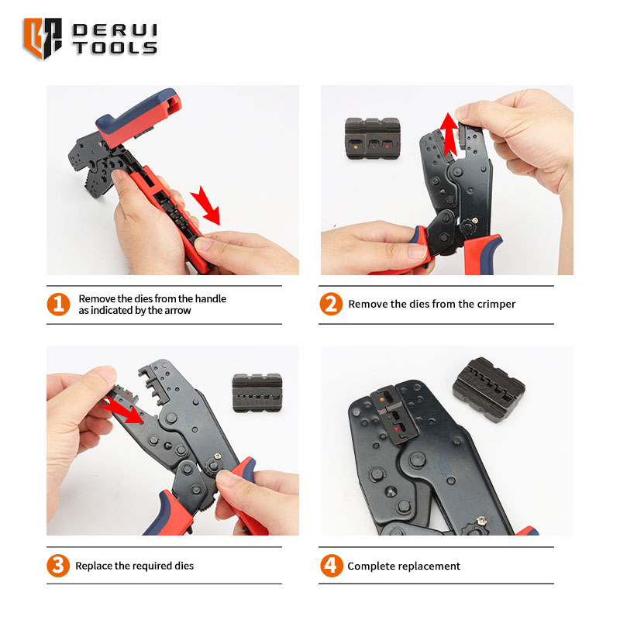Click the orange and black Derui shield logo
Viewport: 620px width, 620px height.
tap(43, 38)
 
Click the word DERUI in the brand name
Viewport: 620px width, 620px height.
tap(115, 30)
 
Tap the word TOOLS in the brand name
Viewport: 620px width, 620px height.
tap(115, 48)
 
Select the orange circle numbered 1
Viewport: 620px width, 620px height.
tap(59, 304)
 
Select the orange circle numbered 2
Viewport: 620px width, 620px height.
tap(331, 304)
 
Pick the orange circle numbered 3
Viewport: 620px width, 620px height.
tap(58, 566)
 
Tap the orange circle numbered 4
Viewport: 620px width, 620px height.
tap(332, 566)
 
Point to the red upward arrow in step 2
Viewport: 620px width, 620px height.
tap(449, 134)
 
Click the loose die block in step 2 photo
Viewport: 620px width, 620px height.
tap(372, 139)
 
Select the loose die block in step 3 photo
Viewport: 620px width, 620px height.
tap(257, 393)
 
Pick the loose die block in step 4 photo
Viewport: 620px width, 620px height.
tap(489, 390)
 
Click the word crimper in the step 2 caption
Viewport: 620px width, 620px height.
tap(496, 304)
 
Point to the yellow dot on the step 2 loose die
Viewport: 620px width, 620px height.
tap(356, 147)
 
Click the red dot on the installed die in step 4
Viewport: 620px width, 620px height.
tap(396, 429)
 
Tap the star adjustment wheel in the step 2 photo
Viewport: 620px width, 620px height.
tap(469, 227)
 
